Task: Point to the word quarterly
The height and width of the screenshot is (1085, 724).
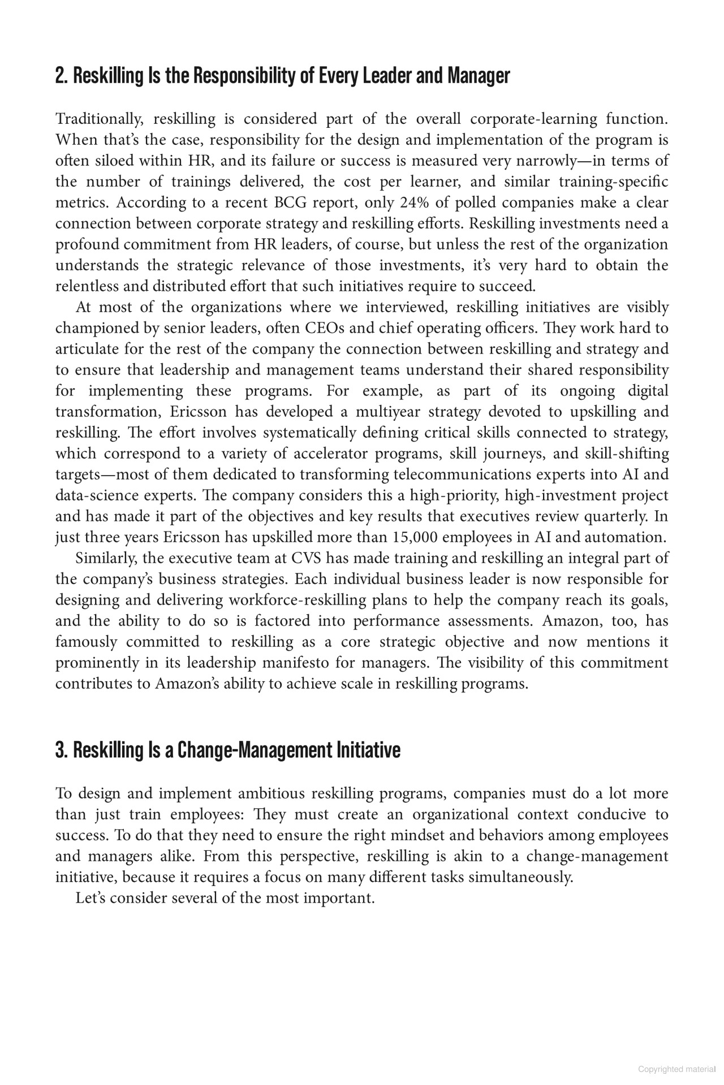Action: [x=620, y=516]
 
